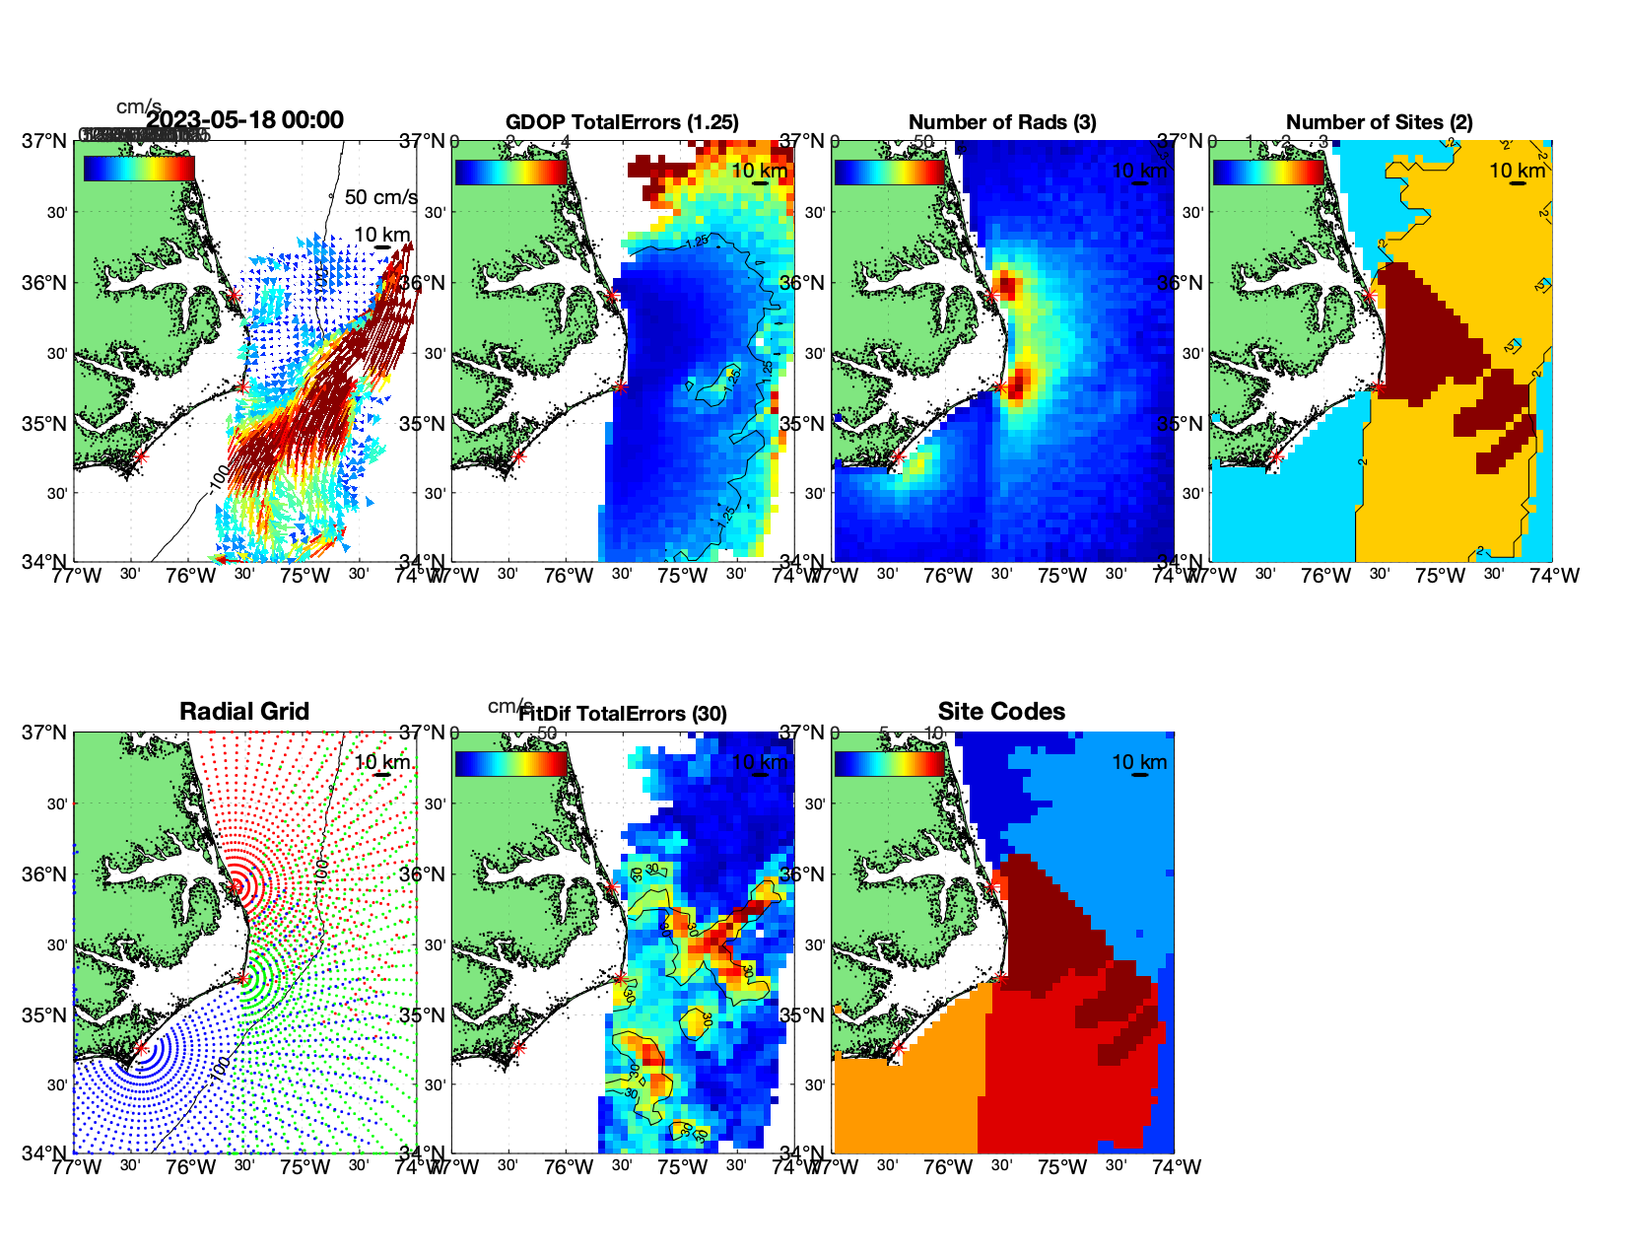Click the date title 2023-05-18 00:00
click(245, 120)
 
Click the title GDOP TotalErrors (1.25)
click(622, 122)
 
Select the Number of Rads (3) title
click(1002, 122)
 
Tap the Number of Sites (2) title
click(1379, 122)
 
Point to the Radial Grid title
click(244, 711)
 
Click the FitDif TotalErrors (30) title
click(623, 714)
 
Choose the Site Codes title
click(1001, 711)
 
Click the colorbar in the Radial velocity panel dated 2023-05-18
click(139, 169)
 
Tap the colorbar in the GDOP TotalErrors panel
click(511, 173)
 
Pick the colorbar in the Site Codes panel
click(890, 764)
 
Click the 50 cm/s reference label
click(380, 197)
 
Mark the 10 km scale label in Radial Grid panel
click(382, 761)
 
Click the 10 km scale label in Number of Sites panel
click(1518, 171)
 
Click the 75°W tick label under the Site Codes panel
click(1062, 1167)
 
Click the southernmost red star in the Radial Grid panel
click(141, 1049)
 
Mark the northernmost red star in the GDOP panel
click(612, 295)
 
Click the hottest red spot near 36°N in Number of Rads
click(1007, 288)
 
